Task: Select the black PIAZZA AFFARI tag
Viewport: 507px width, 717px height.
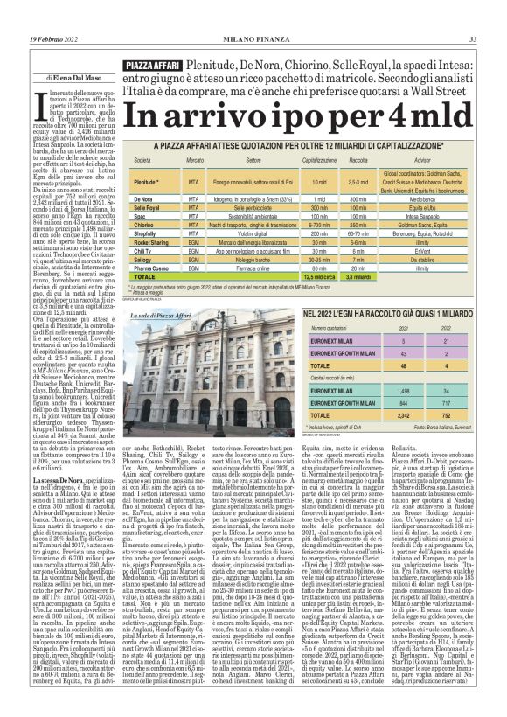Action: (x=153, y=66)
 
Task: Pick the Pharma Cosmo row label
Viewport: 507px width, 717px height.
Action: (x=149, y=268)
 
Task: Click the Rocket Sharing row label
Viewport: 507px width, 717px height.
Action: (x=149, y=242)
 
